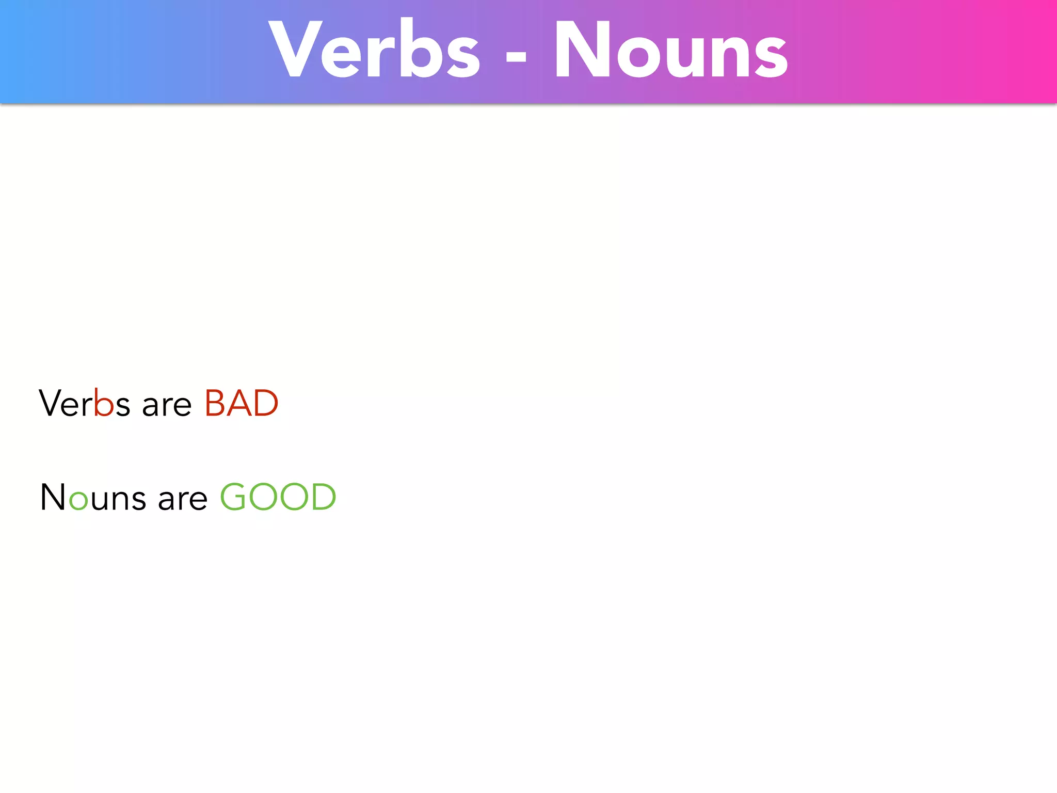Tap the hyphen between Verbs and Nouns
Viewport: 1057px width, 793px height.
[516, 62]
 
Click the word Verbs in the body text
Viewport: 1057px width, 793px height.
[84, 403]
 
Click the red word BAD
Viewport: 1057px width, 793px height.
[241, 403]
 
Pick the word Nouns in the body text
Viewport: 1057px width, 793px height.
[93, 498]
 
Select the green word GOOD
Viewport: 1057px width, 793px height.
[278, 497]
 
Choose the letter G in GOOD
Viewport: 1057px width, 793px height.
[234, 497]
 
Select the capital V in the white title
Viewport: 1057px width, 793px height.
[295, 49]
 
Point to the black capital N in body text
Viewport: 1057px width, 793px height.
[53, 497]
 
